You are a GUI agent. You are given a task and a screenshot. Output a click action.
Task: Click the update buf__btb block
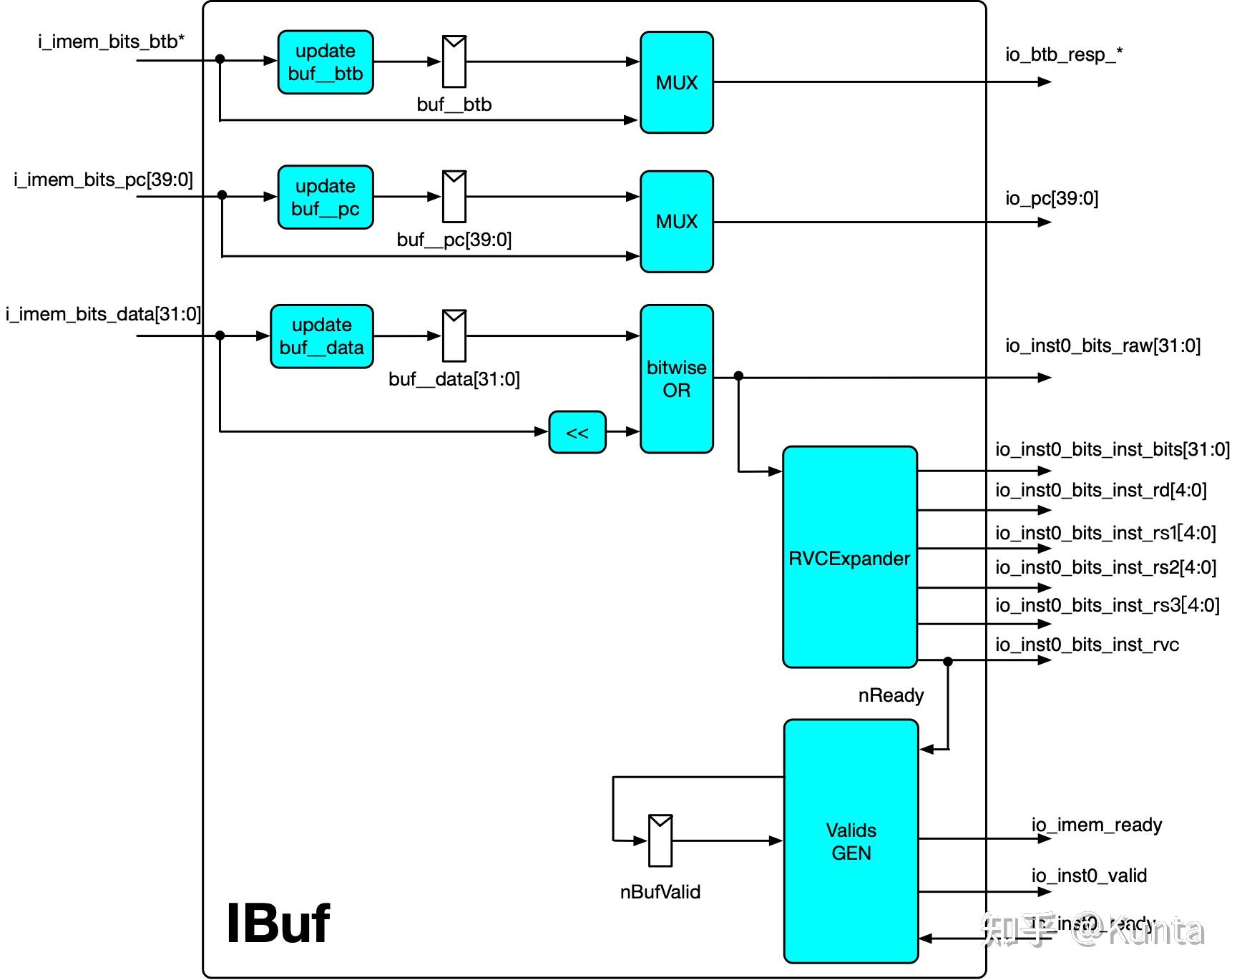326,62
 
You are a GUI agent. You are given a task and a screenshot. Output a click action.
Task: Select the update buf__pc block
326,197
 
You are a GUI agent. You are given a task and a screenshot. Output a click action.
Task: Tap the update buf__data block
322,336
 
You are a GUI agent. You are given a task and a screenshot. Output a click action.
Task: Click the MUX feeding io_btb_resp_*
676,82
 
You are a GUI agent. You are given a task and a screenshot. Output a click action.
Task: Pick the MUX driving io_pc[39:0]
676,221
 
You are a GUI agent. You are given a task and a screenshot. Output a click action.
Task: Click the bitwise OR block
676,378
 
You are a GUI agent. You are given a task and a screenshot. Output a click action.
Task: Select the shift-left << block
577,432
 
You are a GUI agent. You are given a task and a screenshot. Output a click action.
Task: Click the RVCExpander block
849,557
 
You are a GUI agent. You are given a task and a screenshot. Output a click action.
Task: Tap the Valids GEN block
851,841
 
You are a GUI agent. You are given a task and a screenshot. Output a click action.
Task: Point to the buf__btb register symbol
454,62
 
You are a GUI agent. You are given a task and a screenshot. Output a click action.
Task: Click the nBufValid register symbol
660,841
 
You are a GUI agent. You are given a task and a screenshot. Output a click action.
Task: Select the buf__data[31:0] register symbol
454,335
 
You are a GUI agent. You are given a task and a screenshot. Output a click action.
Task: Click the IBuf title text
278,923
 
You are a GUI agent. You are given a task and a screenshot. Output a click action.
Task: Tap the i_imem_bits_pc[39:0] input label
104,180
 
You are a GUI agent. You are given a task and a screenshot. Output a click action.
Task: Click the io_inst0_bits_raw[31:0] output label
1102,346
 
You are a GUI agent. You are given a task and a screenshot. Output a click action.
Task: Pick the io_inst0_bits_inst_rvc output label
1087,645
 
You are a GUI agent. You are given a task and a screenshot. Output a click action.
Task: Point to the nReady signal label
891,695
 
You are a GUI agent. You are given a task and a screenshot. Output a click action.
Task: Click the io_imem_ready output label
1096,825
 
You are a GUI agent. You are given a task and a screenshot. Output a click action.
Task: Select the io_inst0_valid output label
1089,876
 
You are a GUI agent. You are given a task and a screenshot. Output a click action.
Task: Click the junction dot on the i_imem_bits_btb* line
220,59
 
